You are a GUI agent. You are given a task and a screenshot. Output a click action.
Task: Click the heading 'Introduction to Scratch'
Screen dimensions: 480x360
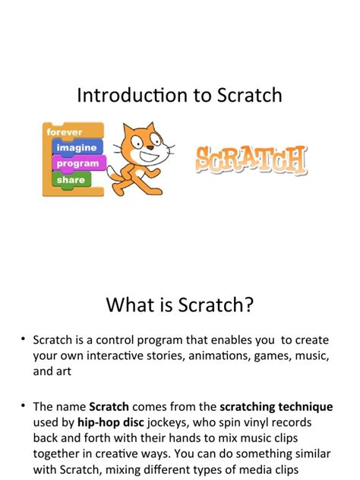pos(179,95)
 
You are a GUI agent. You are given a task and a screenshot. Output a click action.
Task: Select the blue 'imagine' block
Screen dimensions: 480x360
pos(76,147)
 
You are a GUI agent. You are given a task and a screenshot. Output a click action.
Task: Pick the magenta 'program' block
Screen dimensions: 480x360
pos(78,163)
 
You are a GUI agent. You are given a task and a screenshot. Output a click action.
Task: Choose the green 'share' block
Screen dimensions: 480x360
pos(70,179)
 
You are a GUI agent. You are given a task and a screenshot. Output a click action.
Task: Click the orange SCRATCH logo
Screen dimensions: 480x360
pos(251,159)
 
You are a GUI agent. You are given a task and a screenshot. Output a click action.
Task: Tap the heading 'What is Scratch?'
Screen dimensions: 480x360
pos(179,305)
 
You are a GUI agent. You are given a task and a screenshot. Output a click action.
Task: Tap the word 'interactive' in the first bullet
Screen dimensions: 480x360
pos(122,356)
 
